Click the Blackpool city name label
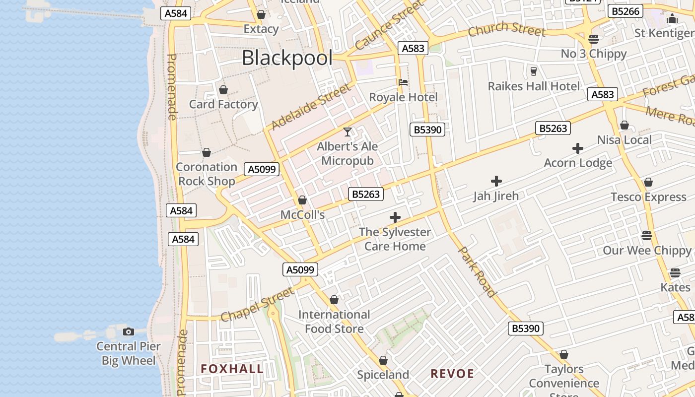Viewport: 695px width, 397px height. point(287,58)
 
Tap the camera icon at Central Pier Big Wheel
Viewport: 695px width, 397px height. point(129,331)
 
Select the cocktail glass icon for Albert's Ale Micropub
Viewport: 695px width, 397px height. point(347,132)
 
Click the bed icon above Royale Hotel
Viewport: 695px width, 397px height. point(403,82)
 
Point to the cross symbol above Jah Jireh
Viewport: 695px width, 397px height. point(496,181)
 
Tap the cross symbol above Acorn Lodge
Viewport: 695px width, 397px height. point(577,148)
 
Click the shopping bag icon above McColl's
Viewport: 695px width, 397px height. point(302,200)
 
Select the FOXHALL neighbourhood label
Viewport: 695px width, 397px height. point(232,369)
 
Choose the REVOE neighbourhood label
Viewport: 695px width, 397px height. point(452,374)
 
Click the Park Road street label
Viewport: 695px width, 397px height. point(477,272)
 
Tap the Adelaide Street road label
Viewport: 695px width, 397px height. point(311,107)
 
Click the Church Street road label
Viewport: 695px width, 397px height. point(506,30)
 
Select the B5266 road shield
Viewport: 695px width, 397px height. point(626,11)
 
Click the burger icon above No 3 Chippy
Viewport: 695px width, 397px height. point(594,39)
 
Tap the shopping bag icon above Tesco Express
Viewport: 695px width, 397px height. point(648,183)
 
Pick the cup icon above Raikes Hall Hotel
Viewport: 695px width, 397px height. point(534,71)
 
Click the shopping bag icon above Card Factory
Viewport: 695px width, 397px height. point(223,90)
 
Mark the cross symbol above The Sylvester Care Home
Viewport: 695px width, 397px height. point(395,217)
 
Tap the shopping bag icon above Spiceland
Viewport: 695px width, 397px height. point(383,360)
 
